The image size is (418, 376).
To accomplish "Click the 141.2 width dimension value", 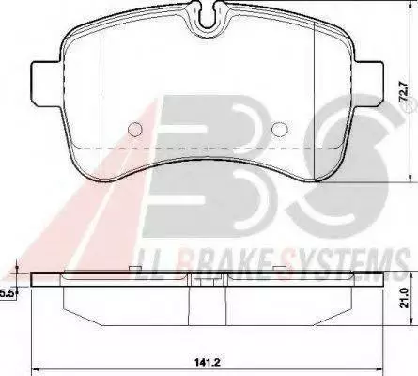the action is pos(208,363).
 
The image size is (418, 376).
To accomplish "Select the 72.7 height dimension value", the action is pos(405,91).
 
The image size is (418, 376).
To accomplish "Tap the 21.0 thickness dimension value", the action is pos(405,299).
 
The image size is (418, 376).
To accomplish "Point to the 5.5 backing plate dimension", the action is pos(6,293).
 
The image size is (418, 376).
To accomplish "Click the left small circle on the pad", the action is pos(135,129).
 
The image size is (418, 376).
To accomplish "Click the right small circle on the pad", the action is pos(280,129).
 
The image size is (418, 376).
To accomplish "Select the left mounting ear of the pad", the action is pos(46,84).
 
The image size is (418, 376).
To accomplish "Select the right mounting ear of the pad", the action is pos(369,84).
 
